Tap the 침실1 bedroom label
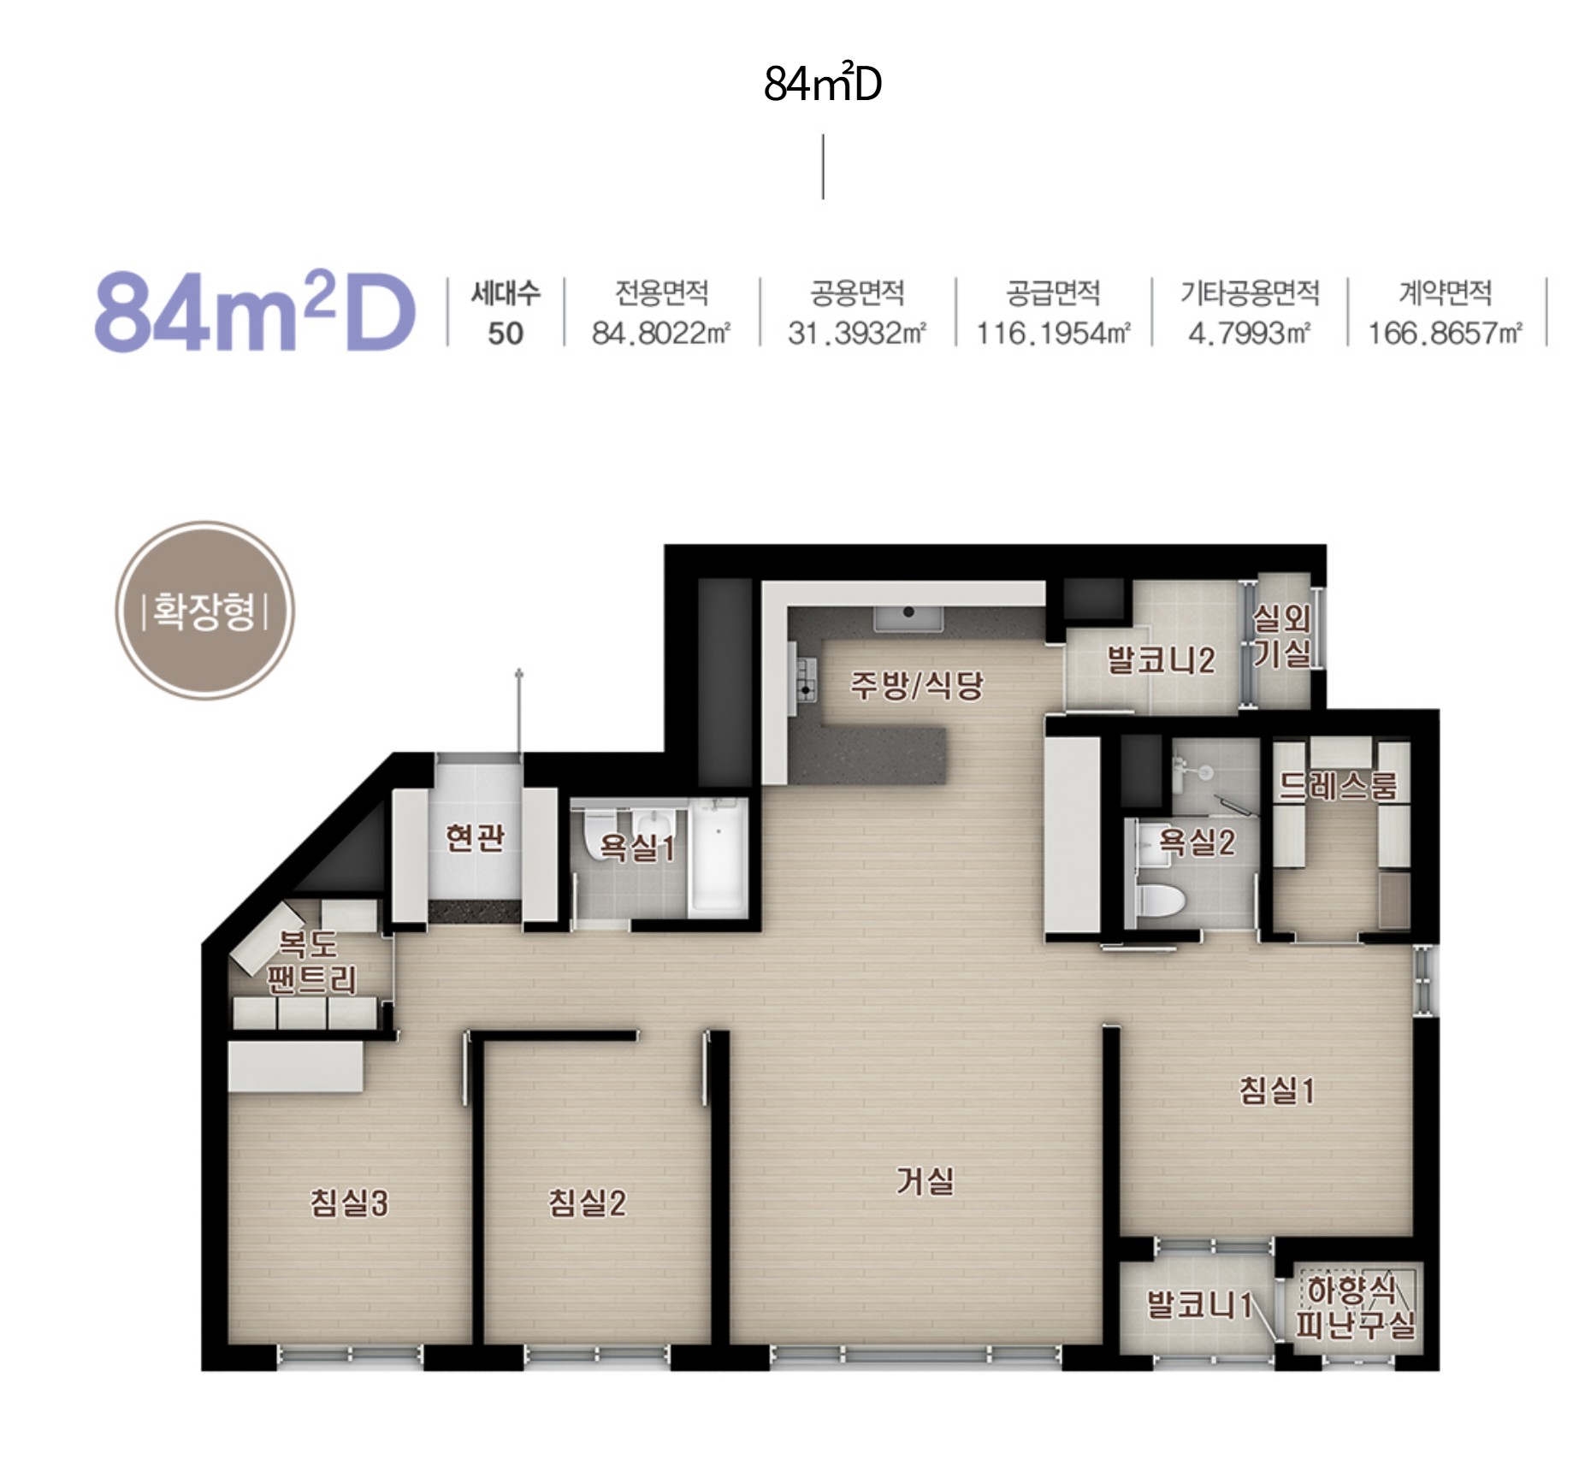point(1277,1090)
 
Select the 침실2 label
point(587,1202)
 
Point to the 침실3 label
point(349,1202)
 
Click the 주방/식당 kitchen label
point(916,684)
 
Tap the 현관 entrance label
point(475,836)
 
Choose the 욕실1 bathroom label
point(637,847)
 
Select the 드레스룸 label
point(1339,785)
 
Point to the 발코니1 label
point(1199,1305)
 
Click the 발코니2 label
point(1161,660)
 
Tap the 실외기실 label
point(1282,635)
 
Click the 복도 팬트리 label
point(311,961)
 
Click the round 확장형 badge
point(204,611)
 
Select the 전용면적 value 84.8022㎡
point(661,333)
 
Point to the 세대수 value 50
point(506,333)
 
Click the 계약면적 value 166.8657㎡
point(1446,333)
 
